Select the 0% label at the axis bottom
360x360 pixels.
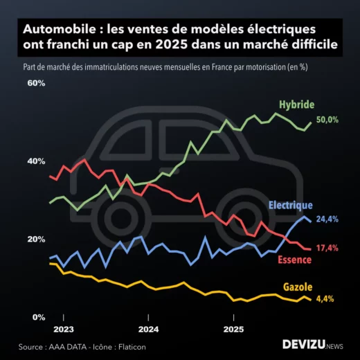(39, 317)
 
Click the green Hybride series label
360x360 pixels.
(297, 105)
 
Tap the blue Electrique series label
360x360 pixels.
(291, 206)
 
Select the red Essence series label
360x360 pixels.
(294, 260)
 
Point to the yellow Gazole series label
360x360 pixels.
(298, 287)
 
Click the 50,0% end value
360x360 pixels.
(327, 120)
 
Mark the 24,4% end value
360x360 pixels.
(327, 219)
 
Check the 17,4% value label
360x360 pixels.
(327, 248)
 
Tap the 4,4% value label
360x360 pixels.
(325, 299)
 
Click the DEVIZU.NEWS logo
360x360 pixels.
(313, 344)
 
